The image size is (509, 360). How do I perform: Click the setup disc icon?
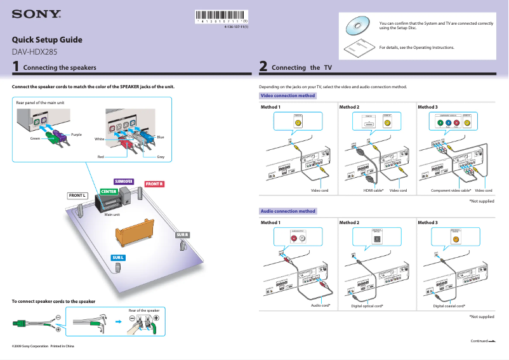pyautogui.click(x=357, y=26)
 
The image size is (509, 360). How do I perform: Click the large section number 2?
pyautogui.click(x=263, y=66)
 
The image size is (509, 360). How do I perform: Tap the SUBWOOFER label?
pyautogui.click(x=123, y=181)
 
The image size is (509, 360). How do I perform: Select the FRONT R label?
pyautogui.click(x=154, y=184)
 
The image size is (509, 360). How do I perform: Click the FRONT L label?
pyautogui.click(x=77, y=196)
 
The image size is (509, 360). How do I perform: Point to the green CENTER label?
pyautogui.click(x=108, y=192)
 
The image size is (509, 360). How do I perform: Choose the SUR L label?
pyautogui.click(x=118, y=257)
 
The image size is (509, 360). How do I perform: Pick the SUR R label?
pyautogui.click(x=182, y=235)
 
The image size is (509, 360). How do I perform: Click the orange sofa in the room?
pyautogui.click(x=135, y=232)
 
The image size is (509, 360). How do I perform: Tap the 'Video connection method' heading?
pyautogui.click(x=288, y=96)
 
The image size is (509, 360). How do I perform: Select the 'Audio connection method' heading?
pyautogui.click(x=288, y=211)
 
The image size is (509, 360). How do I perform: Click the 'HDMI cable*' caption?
pyautogui.click(x=373, y=190)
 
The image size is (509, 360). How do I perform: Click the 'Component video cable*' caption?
pyautogui.click(x=451, y=190)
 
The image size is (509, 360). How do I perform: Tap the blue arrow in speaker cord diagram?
pyautogui.click(x=118, y=322)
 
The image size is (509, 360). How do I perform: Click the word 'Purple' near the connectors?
pyautogui.click(x=76, y=135)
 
